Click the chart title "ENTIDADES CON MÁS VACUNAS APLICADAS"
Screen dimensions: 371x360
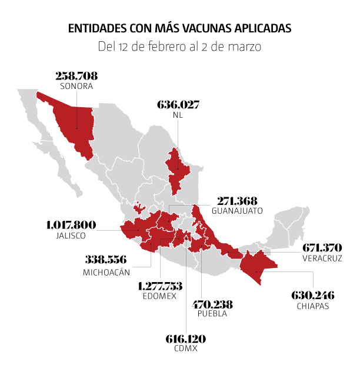pyautogui.click(x=179, y=28)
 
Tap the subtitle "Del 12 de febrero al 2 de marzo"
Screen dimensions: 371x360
pyautogui.click(x=179, y=46)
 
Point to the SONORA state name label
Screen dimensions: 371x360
pyautogui.click(x=76, y=86)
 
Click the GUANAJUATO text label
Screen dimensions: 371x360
pyautogui.click(x=237, y=210)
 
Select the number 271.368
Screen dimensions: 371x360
pyautogui.click(x=237, y=200)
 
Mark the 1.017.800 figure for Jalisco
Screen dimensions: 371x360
pyautogui.click(x=71, y=225)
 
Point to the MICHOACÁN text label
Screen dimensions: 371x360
pyautogui.click(x=106, y=273)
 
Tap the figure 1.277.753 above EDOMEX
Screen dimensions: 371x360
pyautogui.click(x=160, y=286)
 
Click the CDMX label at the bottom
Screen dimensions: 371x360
pyautogui.click(x=186, y=349)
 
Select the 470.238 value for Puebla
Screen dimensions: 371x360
pyautogui.click(x=213, y=304)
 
